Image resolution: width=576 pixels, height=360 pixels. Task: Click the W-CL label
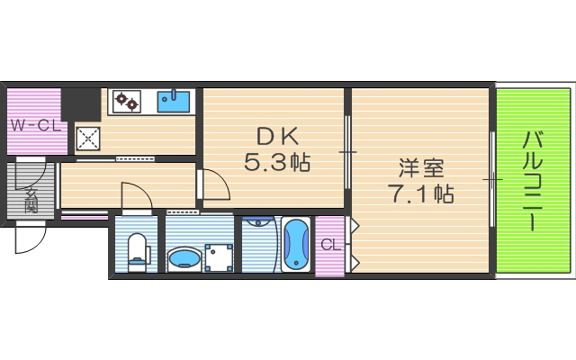[x=34, y=124]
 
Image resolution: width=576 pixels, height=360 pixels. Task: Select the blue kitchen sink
[x=175, y=100]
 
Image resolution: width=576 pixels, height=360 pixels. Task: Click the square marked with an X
[x=88, y=138]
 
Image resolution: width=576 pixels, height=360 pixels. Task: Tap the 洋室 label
[x=420, y=167]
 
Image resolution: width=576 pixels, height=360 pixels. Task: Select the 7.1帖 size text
[x=420, y=193]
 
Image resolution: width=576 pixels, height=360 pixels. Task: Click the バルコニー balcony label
[x=533, y=181]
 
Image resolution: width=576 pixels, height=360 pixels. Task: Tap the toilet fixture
[x=137, y=251]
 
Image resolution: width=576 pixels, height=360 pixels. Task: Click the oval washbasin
[x=184, y=259]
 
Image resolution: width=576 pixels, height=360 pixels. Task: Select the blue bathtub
[x=296, y=244]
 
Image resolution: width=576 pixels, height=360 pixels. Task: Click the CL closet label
[x=329, y=244]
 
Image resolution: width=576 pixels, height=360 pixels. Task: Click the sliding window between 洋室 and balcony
[x=492, y=179]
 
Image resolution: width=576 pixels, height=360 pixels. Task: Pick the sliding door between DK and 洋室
[x=348, y=152]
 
